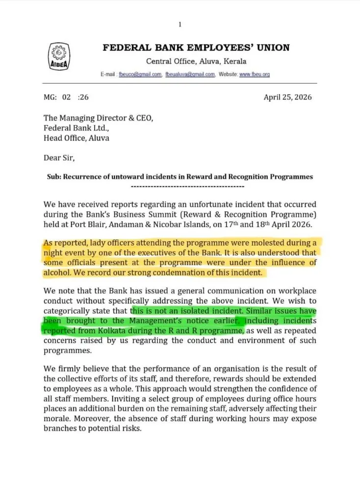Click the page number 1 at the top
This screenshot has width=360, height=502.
tap(180, 25)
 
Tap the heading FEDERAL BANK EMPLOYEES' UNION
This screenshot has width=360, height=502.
tap(196, 48)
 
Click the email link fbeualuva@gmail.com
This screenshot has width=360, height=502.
tap(190, 75)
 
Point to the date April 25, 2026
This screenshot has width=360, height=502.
tap(287, 97)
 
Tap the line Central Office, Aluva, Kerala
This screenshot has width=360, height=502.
tap(196, 62)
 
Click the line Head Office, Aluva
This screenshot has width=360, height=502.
tap(77, 138)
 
